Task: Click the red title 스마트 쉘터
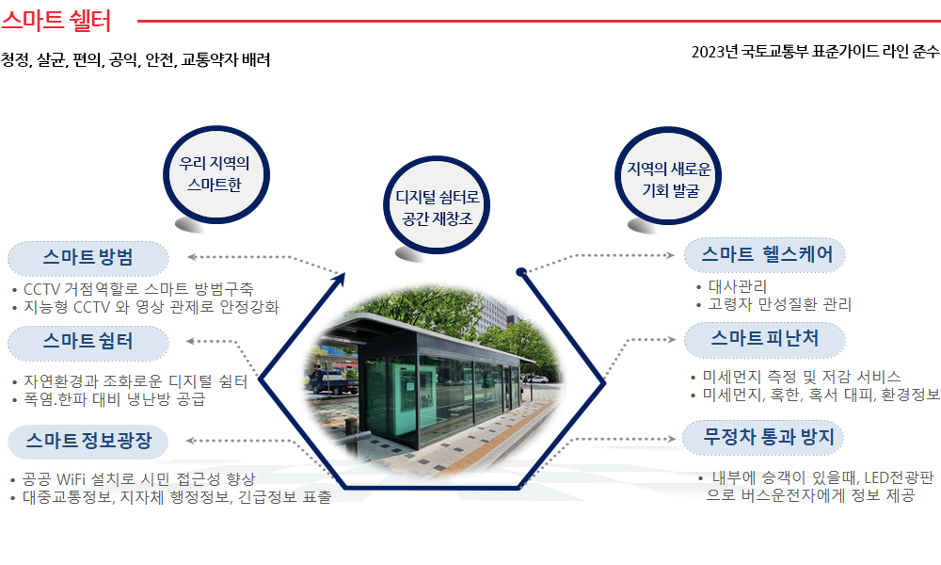click(x=56, y=20)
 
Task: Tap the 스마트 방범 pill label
click(x=88, y=258)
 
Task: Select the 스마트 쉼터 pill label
click(x=88, y=343)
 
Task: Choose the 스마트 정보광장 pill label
click(x=88, y=442)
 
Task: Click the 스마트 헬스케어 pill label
click(x=765, y=255)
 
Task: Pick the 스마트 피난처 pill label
click(x=765, y=340)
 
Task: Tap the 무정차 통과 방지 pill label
click(x=763, y=438)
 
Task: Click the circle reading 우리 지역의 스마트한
click(x=216, y=175)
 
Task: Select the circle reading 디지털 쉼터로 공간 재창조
click(x=437, y=205)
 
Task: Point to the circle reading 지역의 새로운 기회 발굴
click(x=668, y=176)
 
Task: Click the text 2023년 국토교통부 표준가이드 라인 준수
click(x=815, y=52)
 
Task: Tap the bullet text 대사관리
click(x=738, y=287)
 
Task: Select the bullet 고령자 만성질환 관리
click(x=779, y=304)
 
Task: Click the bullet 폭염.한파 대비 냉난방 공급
click(x=114, y=399)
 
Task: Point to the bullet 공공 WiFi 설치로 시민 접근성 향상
click(x=138, y=479)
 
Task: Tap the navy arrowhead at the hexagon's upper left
click(x=341, y=279)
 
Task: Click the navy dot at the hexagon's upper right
click(x=521, y=272)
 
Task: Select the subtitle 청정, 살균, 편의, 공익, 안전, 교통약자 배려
click(x=136, y=60)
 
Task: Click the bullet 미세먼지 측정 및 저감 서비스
click(x=802, y=377)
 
